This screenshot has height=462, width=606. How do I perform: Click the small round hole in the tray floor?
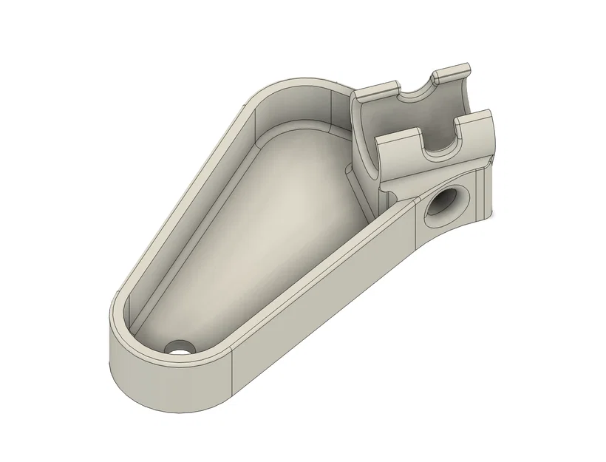(177, 347)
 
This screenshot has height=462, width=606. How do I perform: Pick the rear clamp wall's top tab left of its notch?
(375, 93)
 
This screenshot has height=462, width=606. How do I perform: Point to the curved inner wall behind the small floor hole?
(148, 325)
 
